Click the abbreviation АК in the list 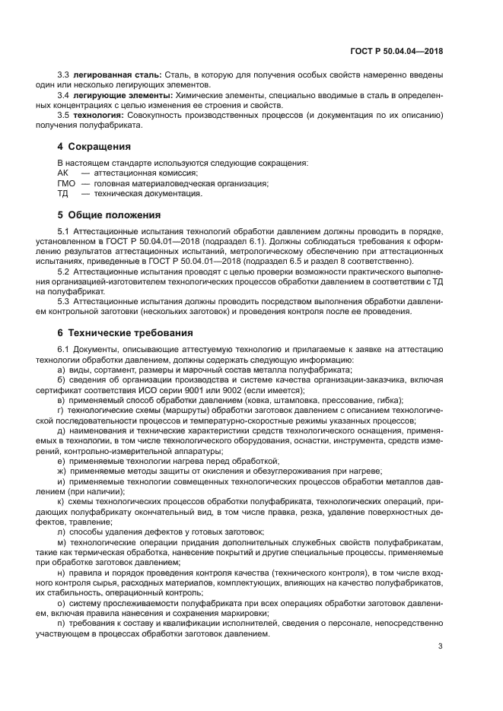click(63, 173)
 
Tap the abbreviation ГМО click(66, 183)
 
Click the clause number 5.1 click(64, 230)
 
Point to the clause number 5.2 click(64, 271)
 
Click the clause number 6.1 click(64, 348)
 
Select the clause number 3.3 click(64, 75)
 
